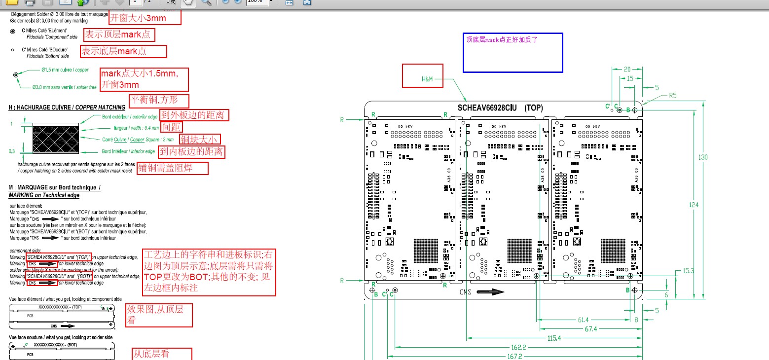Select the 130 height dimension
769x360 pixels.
703,157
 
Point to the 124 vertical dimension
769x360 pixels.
694,205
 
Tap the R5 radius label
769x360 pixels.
673,96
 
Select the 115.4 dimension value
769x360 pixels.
553,338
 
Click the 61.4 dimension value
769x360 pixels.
583,320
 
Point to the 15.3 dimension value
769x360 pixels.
689,271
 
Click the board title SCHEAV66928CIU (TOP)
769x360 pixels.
500,108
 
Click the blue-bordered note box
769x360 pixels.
513,53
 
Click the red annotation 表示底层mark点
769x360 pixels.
123,51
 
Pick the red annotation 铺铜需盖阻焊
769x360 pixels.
172,168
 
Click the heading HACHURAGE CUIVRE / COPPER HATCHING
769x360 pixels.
67,107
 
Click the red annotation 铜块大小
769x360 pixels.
199,140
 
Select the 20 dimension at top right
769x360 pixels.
627,70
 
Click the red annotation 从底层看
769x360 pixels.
154,354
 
